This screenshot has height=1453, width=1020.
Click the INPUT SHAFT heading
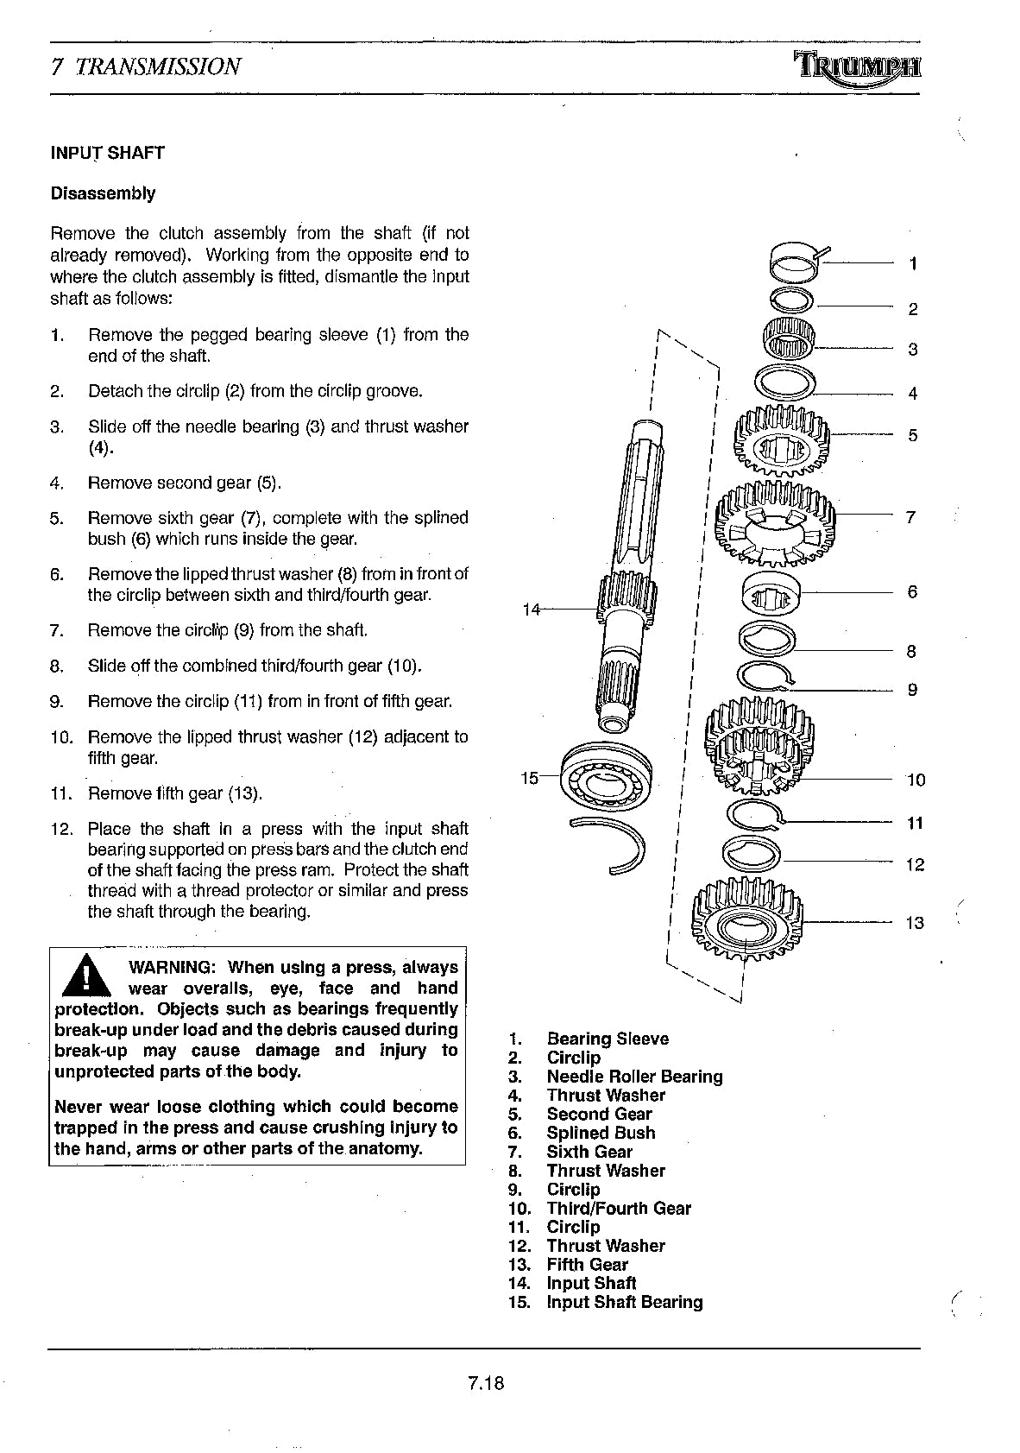pos(107,153)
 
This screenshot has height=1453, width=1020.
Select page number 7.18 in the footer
pos(486,1383)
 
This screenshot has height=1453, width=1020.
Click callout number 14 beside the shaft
pos(532,610)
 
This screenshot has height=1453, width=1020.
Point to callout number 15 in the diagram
pos(529,778)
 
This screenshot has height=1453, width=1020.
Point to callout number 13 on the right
pos(914,923)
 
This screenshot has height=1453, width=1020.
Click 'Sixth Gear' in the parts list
pos(589,1152)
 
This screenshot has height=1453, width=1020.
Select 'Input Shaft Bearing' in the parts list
pos(624,1302)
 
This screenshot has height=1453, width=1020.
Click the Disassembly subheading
pos(103,193)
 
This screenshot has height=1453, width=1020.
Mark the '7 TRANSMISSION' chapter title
pos(146,66)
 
